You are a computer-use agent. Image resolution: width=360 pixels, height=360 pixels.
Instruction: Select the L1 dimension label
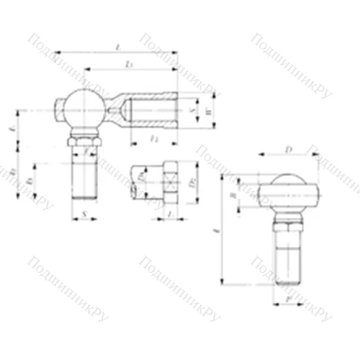128,65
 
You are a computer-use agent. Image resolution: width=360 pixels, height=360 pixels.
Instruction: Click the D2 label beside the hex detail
192,181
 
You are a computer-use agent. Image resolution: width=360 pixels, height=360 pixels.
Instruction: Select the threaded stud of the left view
85,176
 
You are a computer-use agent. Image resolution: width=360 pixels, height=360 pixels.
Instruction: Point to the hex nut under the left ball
85,140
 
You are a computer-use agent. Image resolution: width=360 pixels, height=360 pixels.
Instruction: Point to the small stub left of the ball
58,109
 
